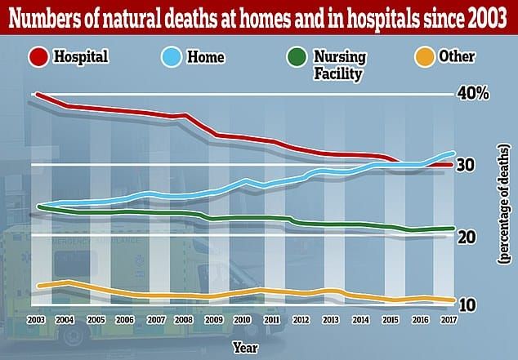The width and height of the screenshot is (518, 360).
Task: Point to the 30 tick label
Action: coord(467,165)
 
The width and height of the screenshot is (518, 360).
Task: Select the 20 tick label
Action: coord(467,237)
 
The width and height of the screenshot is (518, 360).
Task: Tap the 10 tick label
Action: coord(467,304)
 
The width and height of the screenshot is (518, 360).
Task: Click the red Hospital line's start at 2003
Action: coord(36,94)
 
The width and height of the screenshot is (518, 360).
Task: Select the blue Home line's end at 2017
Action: coord(454,153)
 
